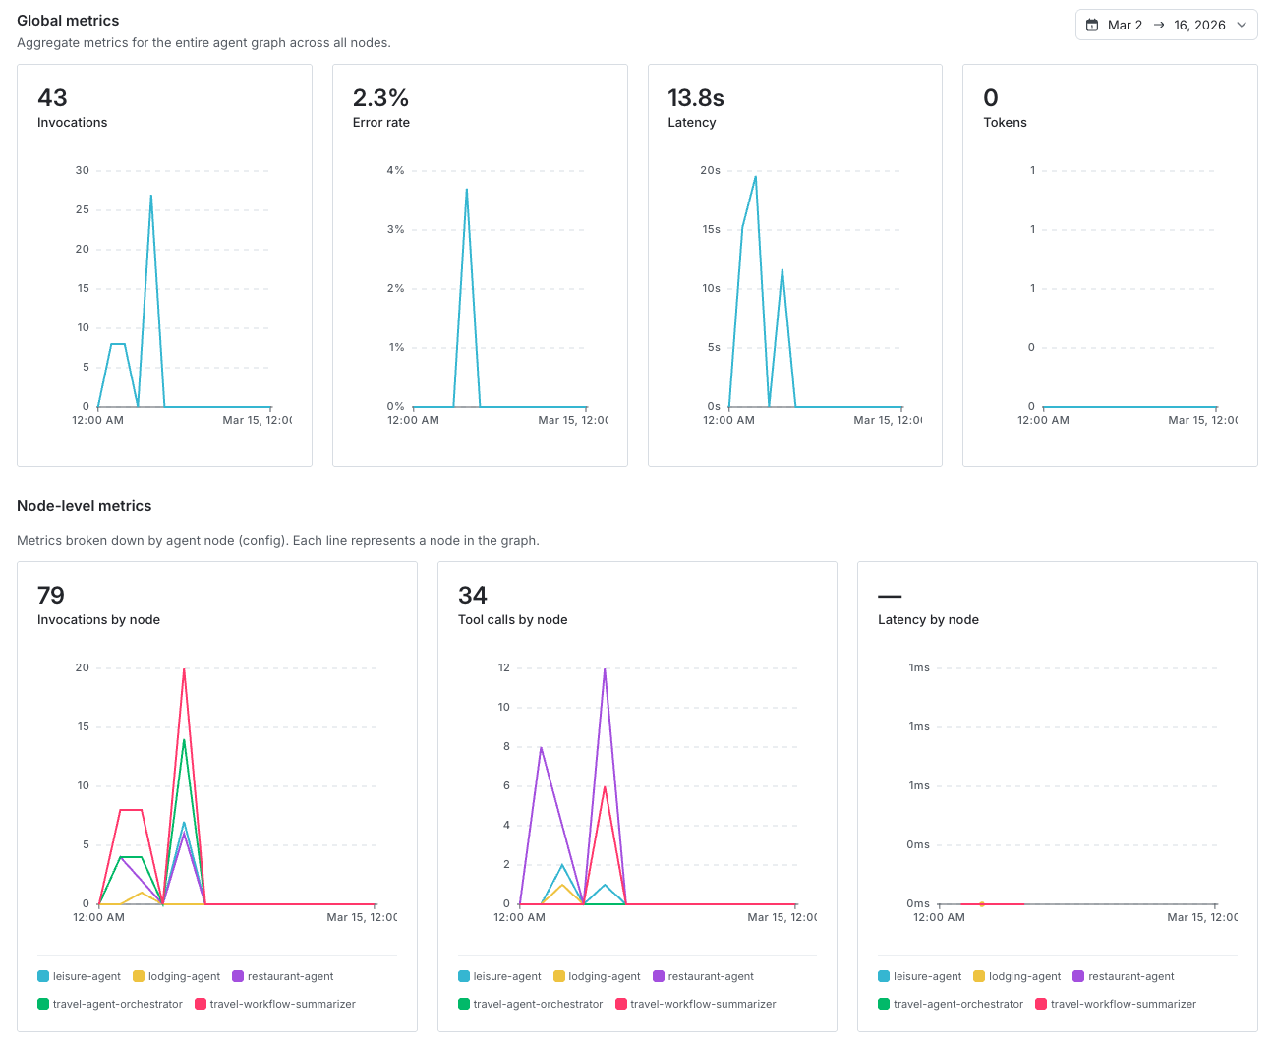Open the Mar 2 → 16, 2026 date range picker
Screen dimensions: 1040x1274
pos(1166,25)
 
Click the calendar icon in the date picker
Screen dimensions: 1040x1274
pos(1092,25)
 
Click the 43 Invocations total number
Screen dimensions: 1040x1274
pos(52,98)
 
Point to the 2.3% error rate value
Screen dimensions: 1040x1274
pos(380,98)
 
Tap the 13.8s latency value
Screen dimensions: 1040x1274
pos(695,98)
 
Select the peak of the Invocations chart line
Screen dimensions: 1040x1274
pos(150,196)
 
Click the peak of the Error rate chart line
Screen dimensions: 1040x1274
pos(466,190)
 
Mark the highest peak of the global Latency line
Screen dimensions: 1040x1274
pos(755,177)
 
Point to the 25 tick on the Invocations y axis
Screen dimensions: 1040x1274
pos(83,209)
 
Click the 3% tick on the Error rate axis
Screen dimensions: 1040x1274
pos(395,229)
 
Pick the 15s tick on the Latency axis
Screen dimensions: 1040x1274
pos(711,229)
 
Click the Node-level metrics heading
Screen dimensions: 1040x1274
pos(85,506)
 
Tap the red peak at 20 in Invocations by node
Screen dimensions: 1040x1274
pos(184,669)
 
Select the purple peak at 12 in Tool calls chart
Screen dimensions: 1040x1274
pos(605,669)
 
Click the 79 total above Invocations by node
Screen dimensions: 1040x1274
pos(51,596)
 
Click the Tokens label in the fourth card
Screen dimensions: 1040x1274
pos(1005,123)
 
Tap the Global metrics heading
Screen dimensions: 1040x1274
pos(68,21)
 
